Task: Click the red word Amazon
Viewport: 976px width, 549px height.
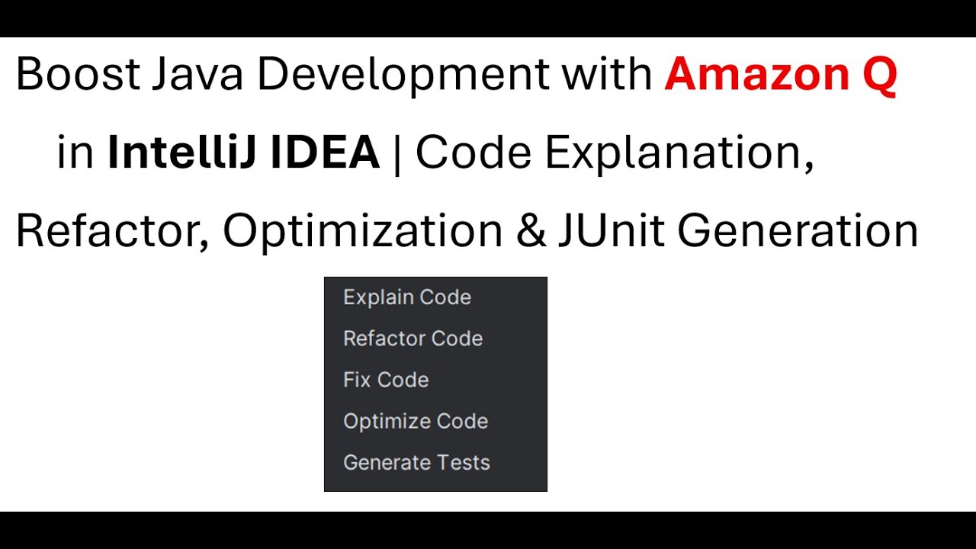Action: tap(756, 75)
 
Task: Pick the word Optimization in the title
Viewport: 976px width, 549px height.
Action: tap(362, 231)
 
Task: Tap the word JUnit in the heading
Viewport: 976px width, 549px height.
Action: tap(611, 231)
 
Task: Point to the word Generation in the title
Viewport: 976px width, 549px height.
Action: tap(798, 231)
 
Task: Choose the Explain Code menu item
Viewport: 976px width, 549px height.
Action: tap(407, 297)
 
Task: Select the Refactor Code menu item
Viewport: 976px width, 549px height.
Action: tap(413, 338)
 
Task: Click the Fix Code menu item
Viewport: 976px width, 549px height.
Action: tap(386, 379)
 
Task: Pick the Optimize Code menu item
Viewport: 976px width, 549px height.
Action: tap(416, 421)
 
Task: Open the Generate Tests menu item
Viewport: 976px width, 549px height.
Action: tap(416, 462)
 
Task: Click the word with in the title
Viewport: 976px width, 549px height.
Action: tap(607, 75)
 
